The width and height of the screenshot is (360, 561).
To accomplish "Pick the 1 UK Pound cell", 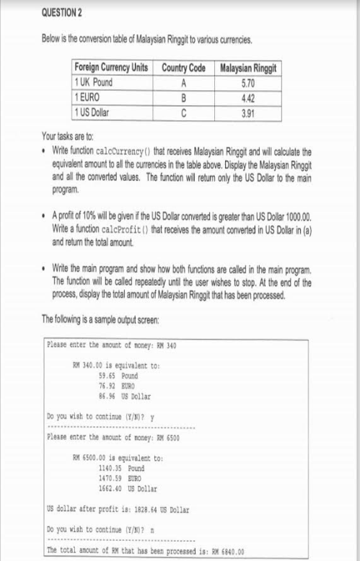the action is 94,81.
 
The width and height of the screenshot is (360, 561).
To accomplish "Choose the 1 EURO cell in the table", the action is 87,96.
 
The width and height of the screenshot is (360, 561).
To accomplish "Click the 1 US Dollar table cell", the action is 92,110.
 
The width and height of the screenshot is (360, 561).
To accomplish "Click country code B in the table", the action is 183,96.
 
